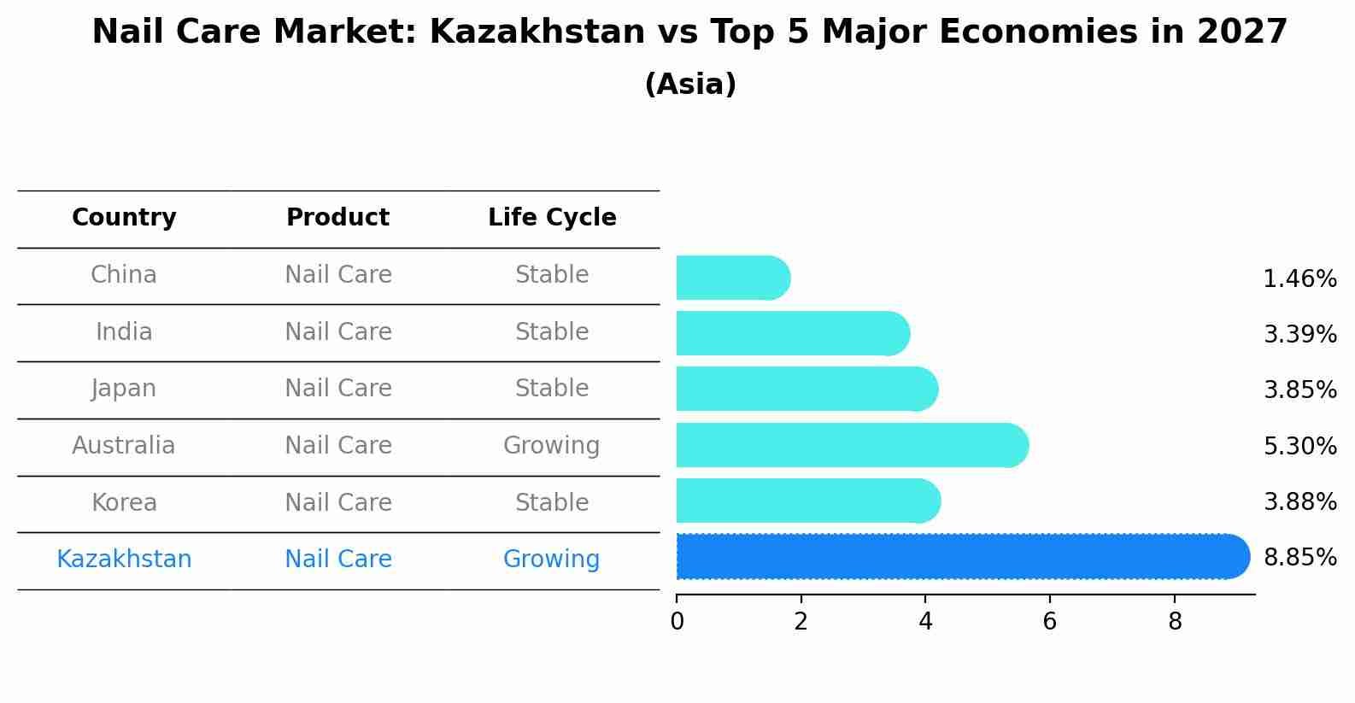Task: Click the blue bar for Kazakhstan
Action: [x=961, y=557]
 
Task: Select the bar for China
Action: [x=732, y=278]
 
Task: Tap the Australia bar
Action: [x=851, y=445]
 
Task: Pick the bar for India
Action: [x=792, y=333]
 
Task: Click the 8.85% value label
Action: [x=1299, y=558]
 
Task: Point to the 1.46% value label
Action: [x=1299, y=279]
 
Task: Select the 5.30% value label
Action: [x=1299, y=446]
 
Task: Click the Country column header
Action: [x=124, y=218]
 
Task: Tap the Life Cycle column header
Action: [x=552, y=218]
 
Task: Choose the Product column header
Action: [x=337, y=218]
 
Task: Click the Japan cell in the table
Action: [x=124, y=389]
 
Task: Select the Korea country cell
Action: [x=124, y=502]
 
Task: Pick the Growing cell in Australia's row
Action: [x=551, y=446]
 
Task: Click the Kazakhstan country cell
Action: [x=124, y=559]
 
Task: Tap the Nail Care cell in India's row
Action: [x=337, y=331]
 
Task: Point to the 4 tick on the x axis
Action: [x=925, y=622]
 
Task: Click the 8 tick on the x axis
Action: [x=1175, y=622]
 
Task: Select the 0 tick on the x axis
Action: [x=677, y=622]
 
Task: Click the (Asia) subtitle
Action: [x=690, y=85]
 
